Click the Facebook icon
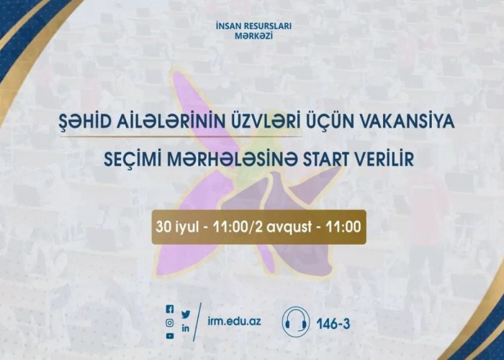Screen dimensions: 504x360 [x=170, y=309]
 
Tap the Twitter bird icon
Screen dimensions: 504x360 [x=186, y=315]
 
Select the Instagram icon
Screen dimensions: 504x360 [x=170, y=323]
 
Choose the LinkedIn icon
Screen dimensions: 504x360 [x=186, y=328]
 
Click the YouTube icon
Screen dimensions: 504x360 [x=170, y=336]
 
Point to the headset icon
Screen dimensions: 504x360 [x=296, y=322]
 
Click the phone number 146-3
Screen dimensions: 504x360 [x=333, y=324]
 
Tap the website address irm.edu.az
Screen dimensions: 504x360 [x=234, y=321]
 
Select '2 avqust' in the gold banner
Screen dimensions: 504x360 [x=283, y=228]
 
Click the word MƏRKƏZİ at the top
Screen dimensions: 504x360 [x=254, y=36]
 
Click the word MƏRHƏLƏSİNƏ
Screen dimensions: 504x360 [x=233, y=160]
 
